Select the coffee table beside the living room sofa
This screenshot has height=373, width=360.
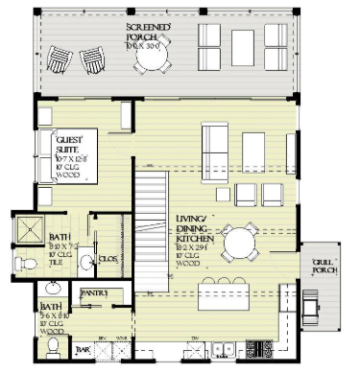252,149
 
